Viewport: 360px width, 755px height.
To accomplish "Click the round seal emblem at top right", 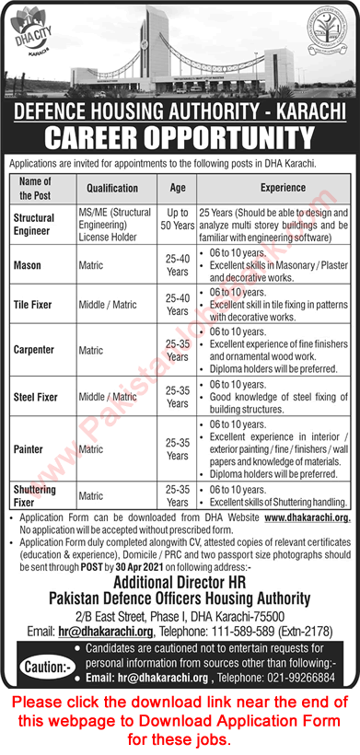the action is (x=325, y=44).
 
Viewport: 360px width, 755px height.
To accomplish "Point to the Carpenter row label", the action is (x=36, y=350).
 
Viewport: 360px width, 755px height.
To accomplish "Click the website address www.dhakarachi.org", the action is (x=307, y=518).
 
